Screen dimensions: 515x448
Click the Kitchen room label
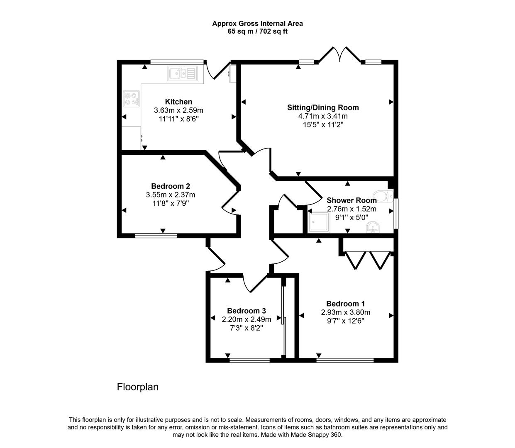(x=178, y=102)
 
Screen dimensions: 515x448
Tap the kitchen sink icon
(x=182, y=73)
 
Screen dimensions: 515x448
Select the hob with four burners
(x=131, y=99)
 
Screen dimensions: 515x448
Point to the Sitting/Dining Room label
(x=323, y=108)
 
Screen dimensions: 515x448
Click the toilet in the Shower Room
(x=383, y=196)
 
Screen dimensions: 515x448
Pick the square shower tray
(x=318, y=222)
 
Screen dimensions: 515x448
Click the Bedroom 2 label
(x=171, y=186)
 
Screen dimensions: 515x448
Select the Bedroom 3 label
(x=246, y=311)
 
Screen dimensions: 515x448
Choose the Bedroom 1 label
(x=345, y=304)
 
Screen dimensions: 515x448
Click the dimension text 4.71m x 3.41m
(x=323, y=116)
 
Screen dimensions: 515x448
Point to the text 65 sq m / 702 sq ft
(x=257, y=32)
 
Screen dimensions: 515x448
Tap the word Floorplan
(x=138, y=387)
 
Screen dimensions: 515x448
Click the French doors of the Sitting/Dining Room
(x=340, y=54)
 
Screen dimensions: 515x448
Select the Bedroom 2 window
(x=156, y=236)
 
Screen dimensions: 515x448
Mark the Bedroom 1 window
(x=345, y=360)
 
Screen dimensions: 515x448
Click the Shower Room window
(x=396, y=214)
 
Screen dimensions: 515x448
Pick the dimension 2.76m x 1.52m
(x=351, y=209)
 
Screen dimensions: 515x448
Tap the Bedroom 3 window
(x=249, y=360)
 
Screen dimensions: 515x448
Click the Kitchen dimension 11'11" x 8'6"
(x=179, y=119)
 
